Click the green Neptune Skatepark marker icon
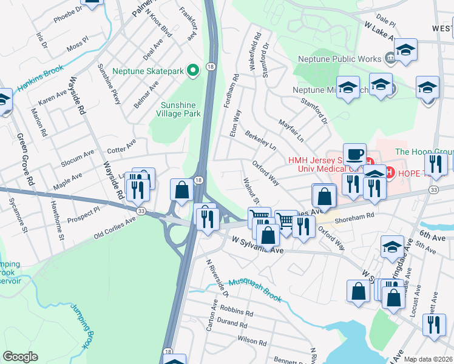pos(194,72)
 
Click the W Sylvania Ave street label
pos(258,245)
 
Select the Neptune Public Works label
pos(339,59)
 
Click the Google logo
pos(20,357)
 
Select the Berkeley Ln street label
pos(260,140)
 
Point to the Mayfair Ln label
pos(291,130)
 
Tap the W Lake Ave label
pos(380,33)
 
